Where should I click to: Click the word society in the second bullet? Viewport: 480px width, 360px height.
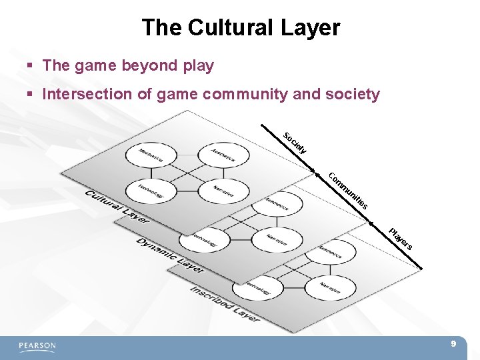[351, 94]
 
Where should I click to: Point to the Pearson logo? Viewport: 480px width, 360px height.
[37, 346]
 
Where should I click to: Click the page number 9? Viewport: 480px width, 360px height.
[453, 344]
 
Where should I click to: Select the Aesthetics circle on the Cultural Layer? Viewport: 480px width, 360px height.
[225, 155]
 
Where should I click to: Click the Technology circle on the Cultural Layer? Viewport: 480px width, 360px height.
[151, 191]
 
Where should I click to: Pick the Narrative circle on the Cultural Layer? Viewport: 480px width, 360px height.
[225, 191]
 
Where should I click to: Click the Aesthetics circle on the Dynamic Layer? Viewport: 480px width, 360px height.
[276, 204]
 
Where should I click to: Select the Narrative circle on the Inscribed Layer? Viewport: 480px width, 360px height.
[331, 287]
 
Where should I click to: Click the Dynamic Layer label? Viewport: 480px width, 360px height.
[170, 254]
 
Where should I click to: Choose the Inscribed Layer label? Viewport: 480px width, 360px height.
[225, 304]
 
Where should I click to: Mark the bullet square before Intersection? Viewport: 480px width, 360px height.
[29, 95]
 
